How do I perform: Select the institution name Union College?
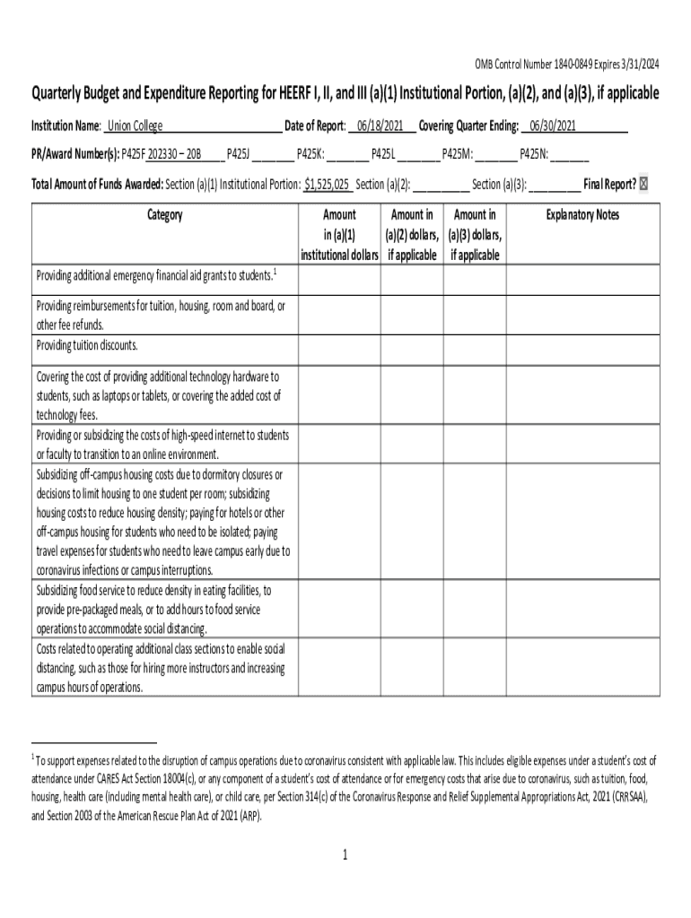(136, 126)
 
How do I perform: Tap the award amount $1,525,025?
(327, 185)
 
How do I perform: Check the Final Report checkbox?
(653, 185)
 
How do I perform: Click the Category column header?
(163, 215)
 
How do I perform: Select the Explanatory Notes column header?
(582, 215)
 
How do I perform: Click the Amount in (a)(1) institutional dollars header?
(339, 235)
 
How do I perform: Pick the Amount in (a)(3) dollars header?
(475, 235)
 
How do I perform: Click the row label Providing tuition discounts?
(87, 345)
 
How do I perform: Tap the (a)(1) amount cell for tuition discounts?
(339, 346)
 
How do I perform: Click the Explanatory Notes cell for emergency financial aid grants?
(582, 274)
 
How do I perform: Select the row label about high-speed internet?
(162, 445)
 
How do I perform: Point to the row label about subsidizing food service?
(153, 610)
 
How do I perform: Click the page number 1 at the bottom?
(345, 854)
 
